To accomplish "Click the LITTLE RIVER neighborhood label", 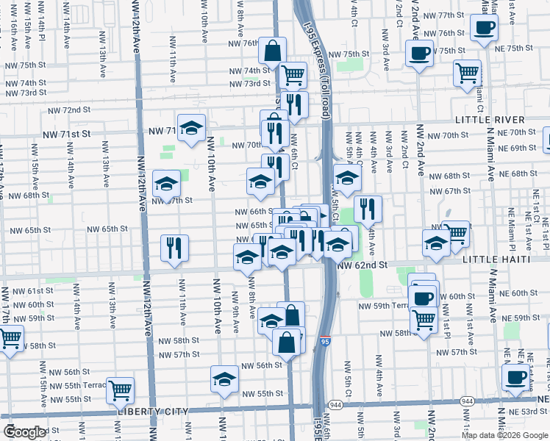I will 490,120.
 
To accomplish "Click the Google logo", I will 25,432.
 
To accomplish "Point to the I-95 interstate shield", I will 326,341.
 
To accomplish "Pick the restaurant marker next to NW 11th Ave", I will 174,248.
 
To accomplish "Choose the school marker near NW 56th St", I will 225,379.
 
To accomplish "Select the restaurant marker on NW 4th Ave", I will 368,209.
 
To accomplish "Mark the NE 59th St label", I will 526,318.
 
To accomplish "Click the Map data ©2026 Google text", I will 504,434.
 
